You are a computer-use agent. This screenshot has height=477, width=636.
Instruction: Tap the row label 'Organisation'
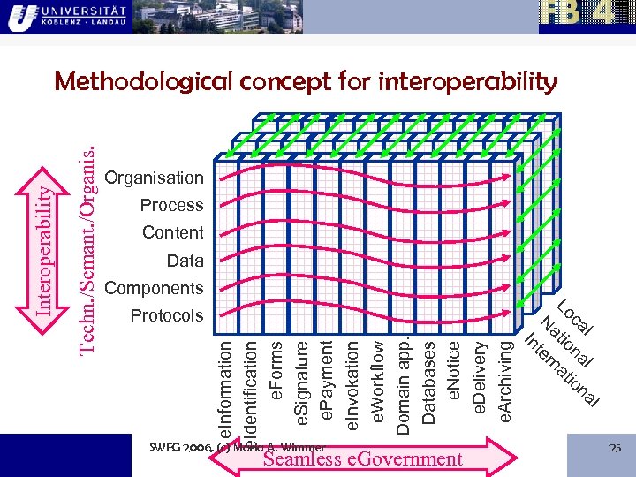(x=154, y=178)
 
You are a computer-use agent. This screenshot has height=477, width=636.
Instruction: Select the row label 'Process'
(x=171, y=205)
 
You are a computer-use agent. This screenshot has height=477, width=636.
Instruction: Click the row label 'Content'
(x=172, y=232)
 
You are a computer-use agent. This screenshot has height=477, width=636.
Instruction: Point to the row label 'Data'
(x=185, y=261)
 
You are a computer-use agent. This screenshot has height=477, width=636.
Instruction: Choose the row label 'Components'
(x=154, y=288)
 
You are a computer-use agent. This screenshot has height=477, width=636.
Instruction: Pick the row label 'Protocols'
(x=166, y=315)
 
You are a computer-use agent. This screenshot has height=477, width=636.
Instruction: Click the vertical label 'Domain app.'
(x=403, y=380)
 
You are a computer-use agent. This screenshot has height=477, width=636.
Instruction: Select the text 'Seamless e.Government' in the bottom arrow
(x=362, y=458)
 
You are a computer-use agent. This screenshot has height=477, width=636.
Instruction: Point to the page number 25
(x=616, y=449)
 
